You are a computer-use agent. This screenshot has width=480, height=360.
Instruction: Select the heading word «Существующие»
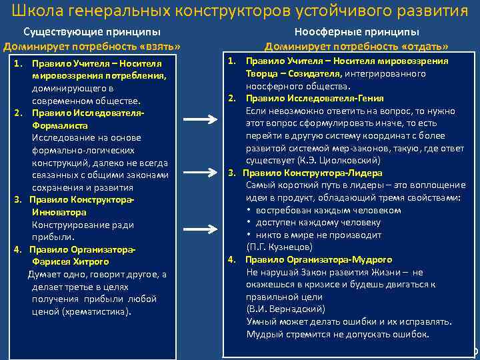[56, 32]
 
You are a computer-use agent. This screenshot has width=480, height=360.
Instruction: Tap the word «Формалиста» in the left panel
[57, 125]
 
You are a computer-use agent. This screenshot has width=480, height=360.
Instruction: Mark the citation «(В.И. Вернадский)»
[285, 309]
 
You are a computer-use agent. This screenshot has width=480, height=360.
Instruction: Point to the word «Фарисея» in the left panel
[50, 261]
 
